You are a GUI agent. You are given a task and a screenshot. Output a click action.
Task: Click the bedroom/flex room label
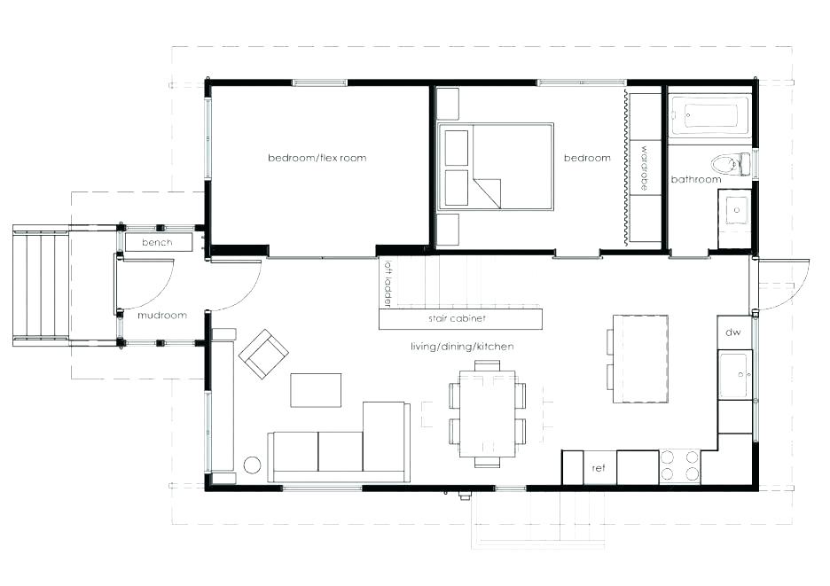pyautogui.click(x=317, y=158)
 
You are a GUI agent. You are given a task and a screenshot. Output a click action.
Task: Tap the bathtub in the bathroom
pyautogui.click(x=709, y=115)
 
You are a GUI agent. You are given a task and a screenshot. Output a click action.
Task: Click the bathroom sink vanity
pyautogui.click(x=735, y=212)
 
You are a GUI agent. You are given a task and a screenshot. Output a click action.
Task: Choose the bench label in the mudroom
pyautogui.click(x=156, y=242)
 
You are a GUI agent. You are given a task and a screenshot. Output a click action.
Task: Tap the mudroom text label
pyautogui.click(x=162, y=315)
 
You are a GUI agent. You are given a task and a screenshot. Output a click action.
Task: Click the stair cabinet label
pyautogui.click(x=458, y=318)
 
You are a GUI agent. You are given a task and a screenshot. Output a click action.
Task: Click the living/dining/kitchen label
pyautogui.click(x=462, y=346)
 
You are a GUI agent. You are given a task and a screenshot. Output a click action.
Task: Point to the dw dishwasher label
pyautogui.click(x=732, y=332)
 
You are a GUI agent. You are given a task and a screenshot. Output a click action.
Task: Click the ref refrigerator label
pyautogui.click(x=598, y=468)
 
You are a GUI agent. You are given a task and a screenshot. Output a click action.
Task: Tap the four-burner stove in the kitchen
pyautogui.click(x=679, y=466)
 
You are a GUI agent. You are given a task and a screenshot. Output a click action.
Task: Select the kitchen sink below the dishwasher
pyautogui.click(x=735, y=375)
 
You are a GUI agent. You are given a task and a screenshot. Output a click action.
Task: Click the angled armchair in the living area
pyautogui.click(x=263, y=354)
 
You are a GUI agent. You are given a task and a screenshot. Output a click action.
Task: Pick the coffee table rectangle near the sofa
pyautogui.click(x=316, y=390)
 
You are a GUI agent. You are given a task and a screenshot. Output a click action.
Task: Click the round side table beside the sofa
pyautogui.click(x=251, y=465)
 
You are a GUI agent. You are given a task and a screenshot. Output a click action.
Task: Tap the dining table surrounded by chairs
pyautogui.click(x=487, y=414)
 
